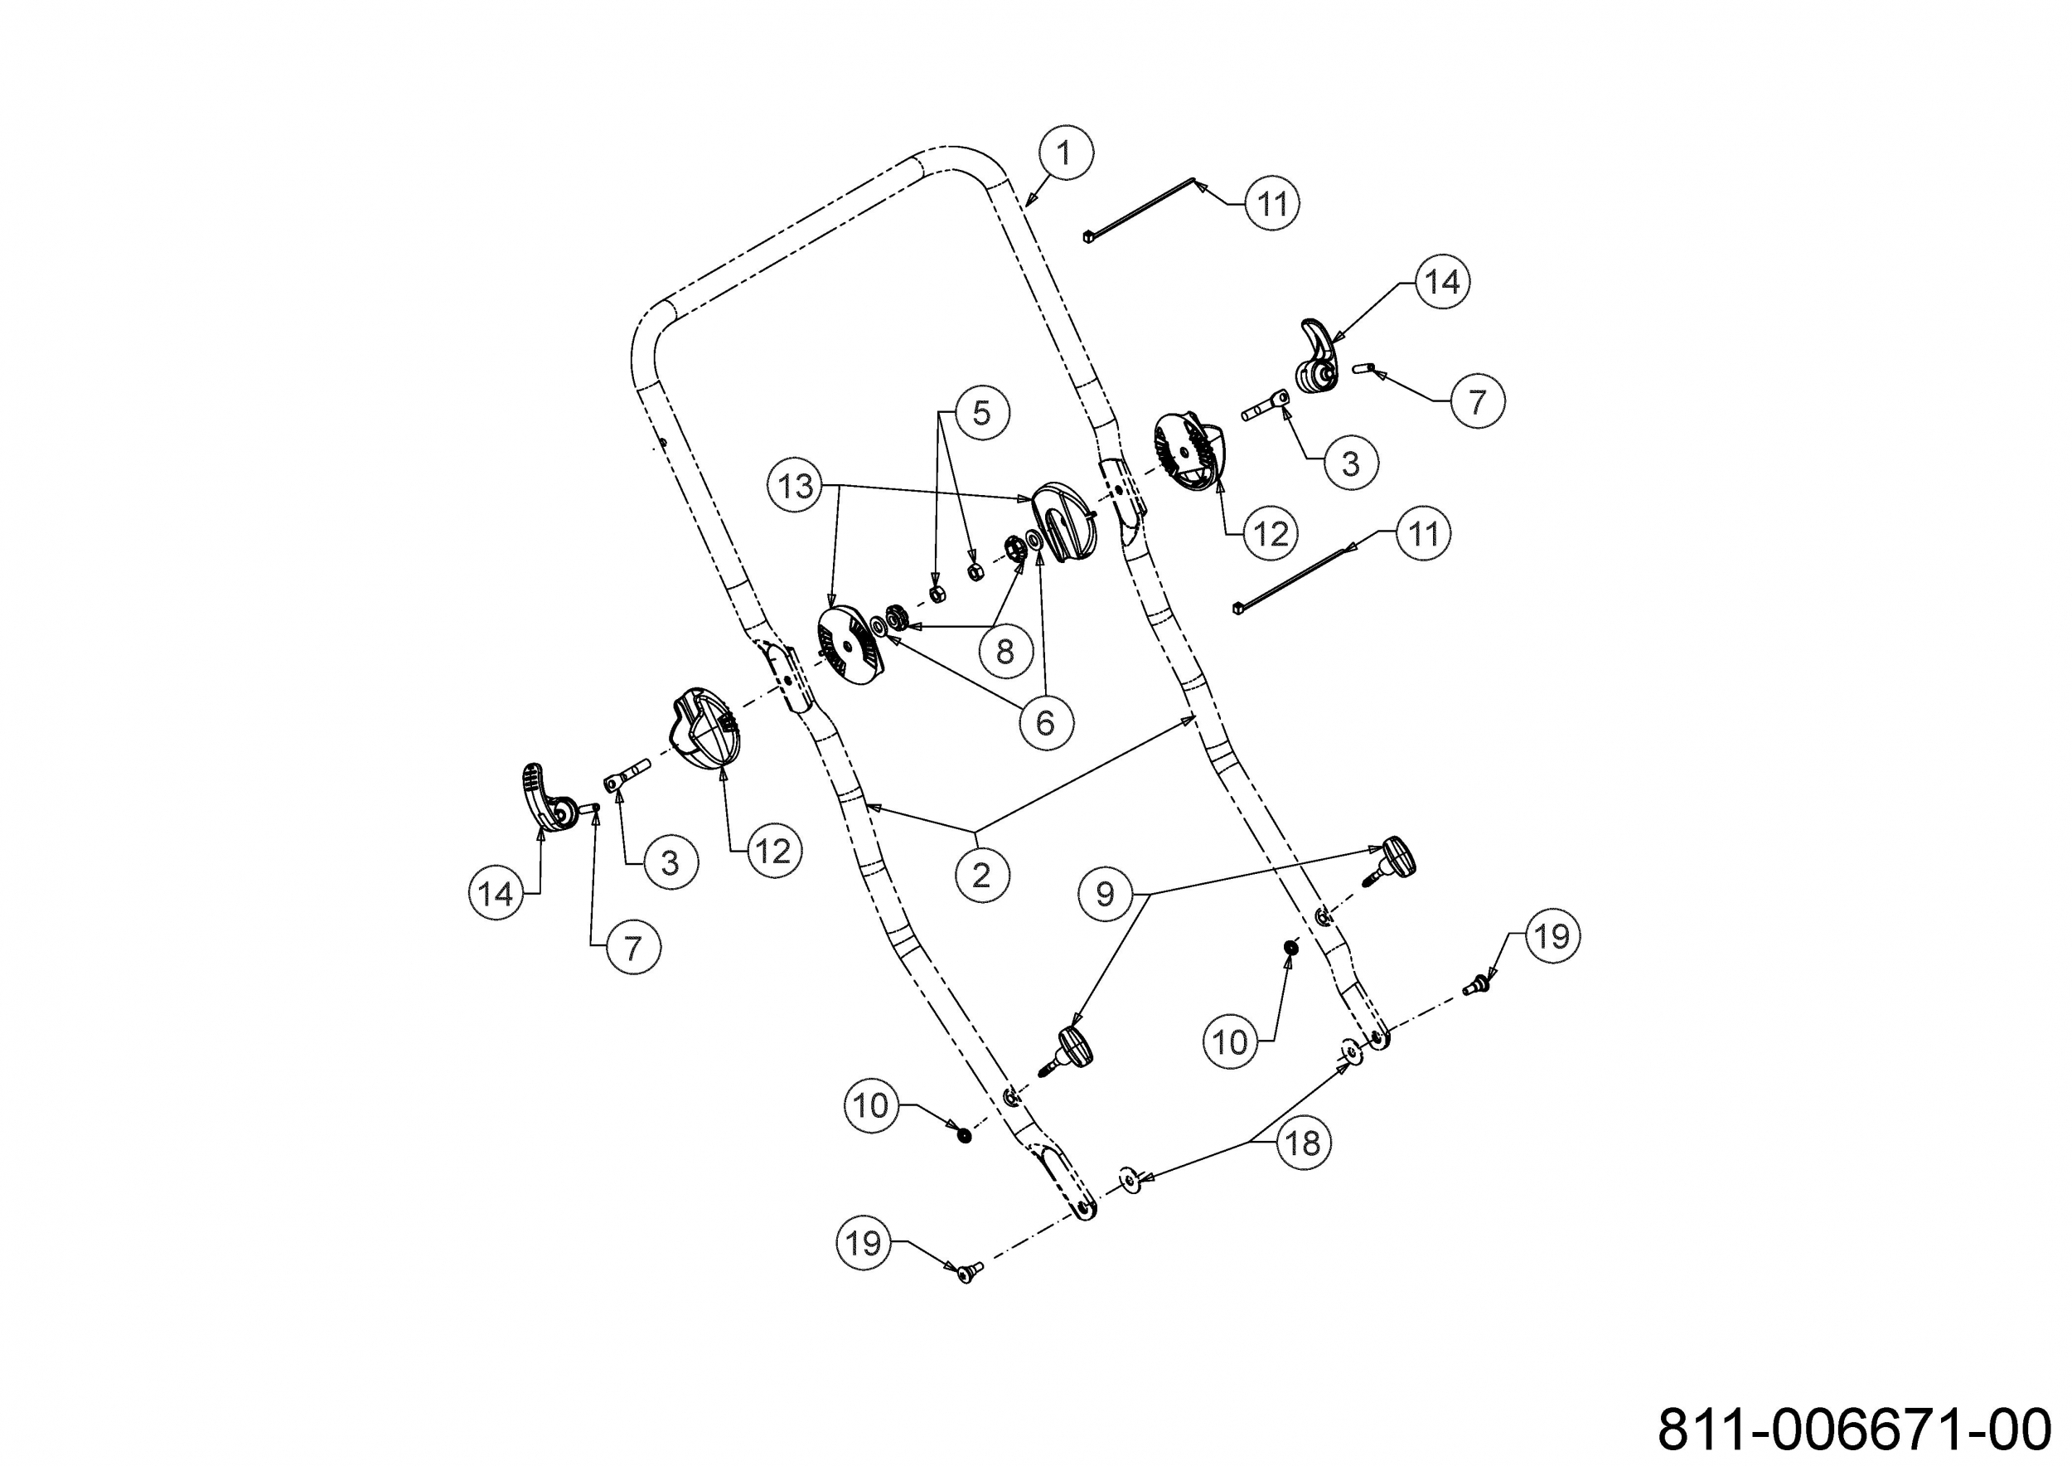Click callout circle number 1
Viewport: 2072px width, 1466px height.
pyautogui.click(x=1066, y=153)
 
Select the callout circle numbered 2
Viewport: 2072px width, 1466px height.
pyautogui.click(x=981, y=875)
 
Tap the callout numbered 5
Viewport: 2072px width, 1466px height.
pyautogui.click(x=981, y=414)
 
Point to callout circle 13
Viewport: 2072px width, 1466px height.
pyautogui.click(x=796, y=487)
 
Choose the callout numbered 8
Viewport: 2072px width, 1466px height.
pyautogui.click(x=1005, y=650)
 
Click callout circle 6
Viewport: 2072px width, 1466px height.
pyautogui.click(x=1046, y=721)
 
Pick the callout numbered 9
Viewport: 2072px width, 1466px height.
pyautogui.click(x=1106, y=894)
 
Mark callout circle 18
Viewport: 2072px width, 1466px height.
pyautogui.click(x=1303, y=1143)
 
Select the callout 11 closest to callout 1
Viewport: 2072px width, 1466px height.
pyautogui.click(x=1272, y=203)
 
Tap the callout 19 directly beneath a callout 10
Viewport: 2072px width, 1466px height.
pyautogui.click(x=864, y=1243)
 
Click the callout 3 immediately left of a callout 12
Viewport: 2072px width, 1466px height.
pyautogui.click(x=670, y=862)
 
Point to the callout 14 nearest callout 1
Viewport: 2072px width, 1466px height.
pyautogui.click(x=1442, y=282)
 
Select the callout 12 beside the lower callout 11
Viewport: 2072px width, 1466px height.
pyautogui.click(x=1271, y=533)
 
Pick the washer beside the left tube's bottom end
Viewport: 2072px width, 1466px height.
pyautogui.click(x=1128, y=1178)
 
